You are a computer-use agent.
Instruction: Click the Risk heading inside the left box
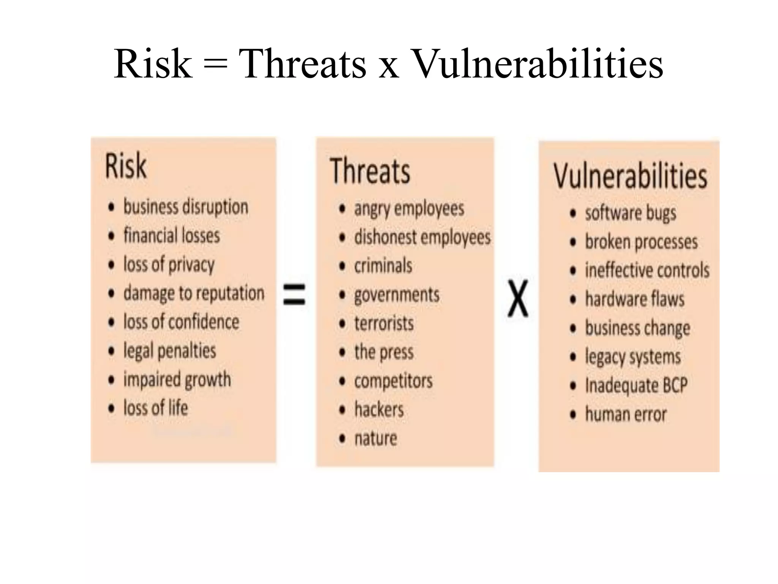pos(125,166)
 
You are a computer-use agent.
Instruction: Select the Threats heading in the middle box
pos(370,171)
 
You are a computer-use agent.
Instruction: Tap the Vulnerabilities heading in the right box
pos(630,176)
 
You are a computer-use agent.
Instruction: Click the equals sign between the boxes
pos(294,294)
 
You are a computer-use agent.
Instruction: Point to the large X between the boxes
pos(518,298)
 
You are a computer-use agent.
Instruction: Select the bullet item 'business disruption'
pos(186,207)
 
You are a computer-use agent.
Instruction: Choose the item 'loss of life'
pos(156,408)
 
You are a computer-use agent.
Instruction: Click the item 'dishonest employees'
pos(422,238)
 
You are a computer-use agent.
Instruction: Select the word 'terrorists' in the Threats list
pos(384,324)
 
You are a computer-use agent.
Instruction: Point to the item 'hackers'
pos(379,410)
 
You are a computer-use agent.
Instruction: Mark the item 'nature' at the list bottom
pos(376,439)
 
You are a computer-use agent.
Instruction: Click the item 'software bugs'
pos(631,213)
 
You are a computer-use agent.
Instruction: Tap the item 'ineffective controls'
pos(647,270)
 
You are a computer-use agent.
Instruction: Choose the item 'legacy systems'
pos(633,357)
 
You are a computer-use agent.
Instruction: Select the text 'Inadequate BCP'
pos(636,386)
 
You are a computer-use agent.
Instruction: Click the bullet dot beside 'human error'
pos(573,414)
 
